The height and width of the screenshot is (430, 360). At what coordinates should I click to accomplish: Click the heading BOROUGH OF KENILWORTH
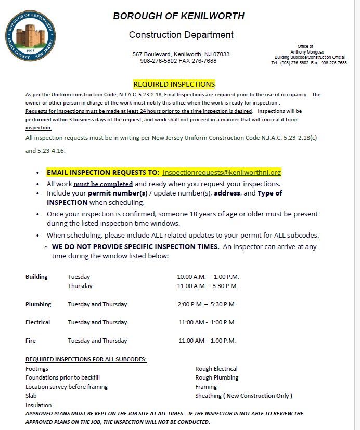pyautogui.click(x=178, y=16)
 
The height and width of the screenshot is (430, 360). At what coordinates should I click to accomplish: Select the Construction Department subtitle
pyautogui.click(x=181, y=35)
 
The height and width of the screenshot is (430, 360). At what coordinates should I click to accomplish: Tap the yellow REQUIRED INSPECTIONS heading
pyautogui.click(x=174, y=84)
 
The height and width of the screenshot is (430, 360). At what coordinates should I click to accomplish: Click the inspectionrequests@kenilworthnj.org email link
pyautogui.click(x=222, y=172)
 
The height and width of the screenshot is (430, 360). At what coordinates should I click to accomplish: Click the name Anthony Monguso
pyautogui.click(x=309, y=52)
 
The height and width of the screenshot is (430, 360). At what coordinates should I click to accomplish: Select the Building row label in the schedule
pyautogui.click(x=36, y=277)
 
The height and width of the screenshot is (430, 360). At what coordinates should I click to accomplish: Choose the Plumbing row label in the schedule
pyautogui.click(x=38, y=304)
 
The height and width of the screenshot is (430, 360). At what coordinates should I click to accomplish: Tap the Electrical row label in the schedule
pyautogui.click(x=38, y=322)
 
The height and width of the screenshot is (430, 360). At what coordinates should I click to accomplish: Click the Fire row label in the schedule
pyautogui.click(x=31, y=341)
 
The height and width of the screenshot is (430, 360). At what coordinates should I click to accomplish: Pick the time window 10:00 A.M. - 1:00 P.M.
pyautogui.click(x=208, y=277)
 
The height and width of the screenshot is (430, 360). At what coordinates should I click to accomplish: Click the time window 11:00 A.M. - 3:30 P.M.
pyautogui.click(x=208, y=286)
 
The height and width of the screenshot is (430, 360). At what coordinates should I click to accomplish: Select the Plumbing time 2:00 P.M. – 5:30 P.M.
pyautogui.click(x=207, y=304)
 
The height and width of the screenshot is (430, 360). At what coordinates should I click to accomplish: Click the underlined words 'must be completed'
pyautogui.click(x=103, y=184)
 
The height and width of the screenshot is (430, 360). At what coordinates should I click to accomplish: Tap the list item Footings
pyautogui.click(x=37, y=369)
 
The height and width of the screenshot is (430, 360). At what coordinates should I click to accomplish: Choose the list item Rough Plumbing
pyautogui.click(x=217, y=377)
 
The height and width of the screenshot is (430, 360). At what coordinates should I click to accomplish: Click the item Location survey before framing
pyautogui.click(x=67, y=387)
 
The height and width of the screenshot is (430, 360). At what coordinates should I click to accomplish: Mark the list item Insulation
pyautogui.click(x=38, y=405)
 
